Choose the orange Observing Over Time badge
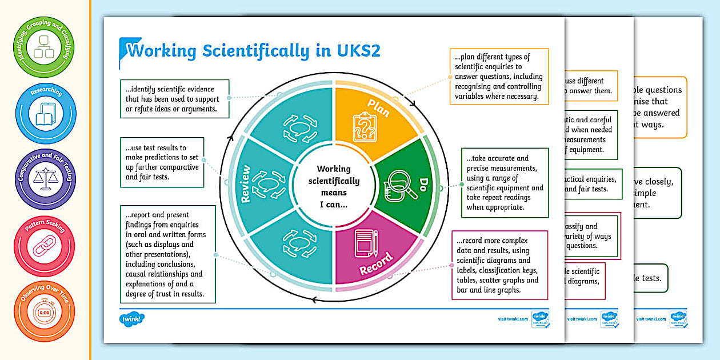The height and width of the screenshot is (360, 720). point(44,311)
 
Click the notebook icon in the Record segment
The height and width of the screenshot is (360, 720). point(364,243)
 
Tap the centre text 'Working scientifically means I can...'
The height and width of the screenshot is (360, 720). point(334,186)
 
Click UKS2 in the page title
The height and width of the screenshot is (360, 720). point(356,51)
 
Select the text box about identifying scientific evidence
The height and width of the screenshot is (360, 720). point(174,99)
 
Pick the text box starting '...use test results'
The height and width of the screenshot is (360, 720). point(162,162)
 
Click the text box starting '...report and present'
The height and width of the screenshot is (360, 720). point(167,254)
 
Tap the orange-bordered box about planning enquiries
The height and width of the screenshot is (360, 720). point(498,77)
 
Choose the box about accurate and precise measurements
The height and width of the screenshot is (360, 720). point(505,182)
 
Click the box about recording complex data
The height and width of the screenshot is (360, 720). point(499,265)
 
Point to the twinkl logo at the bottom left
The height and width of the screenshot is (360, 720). point(129,318)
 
